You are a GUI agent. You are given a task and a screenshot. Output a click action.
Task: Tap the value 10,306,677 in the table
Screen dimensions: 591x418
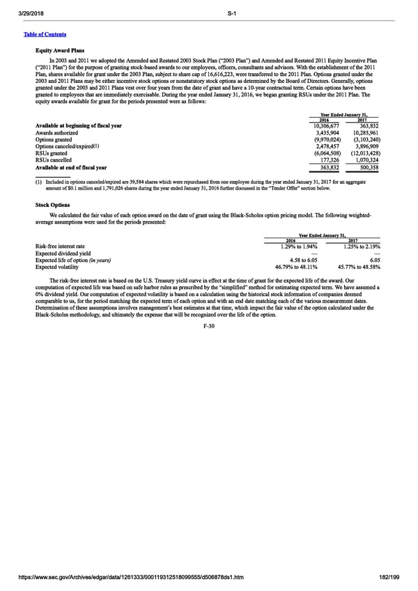323,125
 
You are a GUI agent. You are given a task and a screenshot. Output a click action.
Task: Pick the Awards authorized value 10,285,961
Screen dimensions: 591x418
366,132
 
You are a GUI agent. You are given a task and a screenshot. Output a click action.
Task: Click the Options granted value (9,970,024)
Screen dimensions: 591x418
323,139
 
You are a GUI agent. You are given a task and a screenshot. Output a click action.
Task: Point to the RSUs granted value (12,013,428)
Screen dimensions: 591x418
364,153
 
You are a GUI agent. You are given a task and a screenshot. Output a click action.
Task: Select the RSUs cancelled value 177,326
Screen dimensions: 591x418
327,160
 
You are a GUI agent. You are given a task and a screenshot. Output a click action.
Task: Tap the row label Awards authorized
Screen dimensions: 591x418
58,132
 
